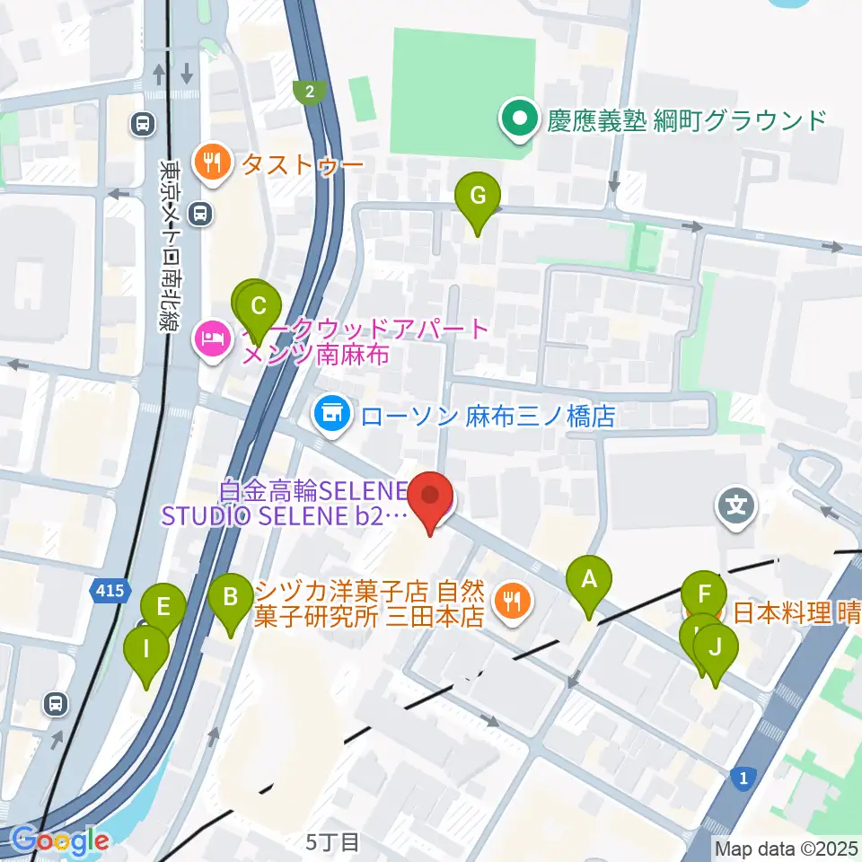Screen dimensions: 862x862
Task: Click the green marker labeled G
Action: point(478,196)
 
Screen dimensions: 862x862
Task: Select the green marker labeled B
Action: point(231,597)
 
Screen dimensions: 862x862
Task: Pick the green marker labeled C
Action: point(259,306)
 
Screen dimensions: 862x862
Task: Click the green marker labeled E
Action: point(163,607)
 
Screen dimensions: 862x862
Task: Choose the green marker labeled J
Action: point(715,647)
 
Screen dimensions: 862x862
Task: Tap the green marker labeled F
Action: point(704,595)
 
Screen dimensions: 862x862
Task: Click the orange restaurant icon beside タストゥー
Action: point(213,163)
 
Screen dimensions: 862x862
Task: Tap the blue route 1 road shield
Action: point(742,778)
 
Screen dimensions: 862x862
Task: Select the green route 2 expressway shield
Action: point(309,91)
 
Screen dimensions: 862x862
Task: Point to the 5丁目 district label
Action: point(332,842)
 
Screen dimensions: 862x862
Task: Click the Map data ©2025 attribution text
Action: point(787,848)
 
